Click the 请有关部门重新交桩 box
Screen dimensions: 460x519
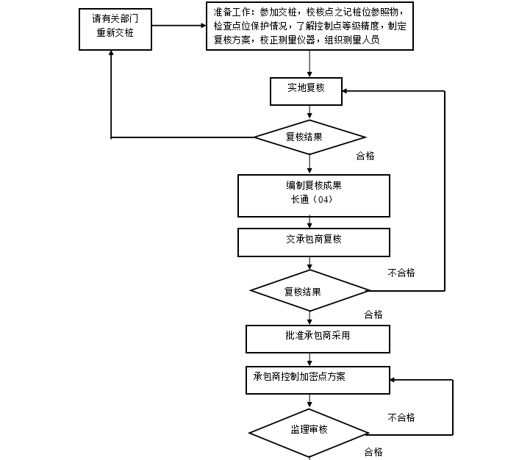point(115,29)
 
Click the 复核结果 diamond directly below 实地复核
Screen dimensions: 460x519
point(309,137)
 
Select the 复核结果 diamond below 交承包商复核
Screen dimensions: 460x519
point(309,291)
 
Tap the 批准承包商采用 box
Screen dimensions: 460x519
point(317,337)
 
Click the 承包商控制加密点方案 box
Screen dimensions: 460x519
point(317,379)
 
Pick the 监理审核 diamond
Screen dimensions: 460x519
point(309,431)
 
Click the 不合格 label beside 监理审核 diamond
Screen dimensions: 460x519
point(401,417)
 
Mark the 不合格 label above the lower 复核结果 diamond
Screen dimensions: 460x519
point(401,273)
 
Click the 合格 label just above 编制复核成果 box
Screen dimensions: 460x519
point(365,156)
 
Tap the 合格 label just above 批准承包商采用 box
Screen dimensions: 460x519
point(373,315)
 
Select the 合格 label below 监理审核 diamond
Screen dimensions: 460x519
point(373,452)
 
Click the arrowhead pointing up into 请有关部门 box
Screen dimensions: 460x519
point(111,55)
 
